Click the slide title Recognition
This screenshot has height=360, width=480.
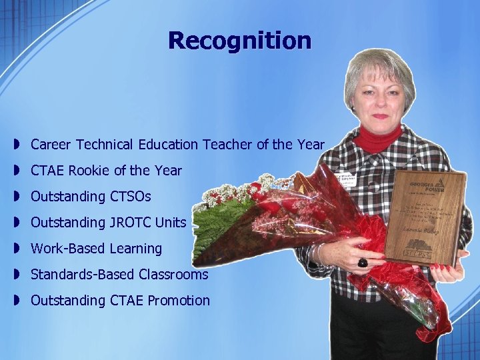(239, 41)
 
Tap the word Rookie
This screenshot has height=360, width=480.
(89, 171)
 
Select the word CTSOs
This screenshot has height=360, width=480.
(129, 197)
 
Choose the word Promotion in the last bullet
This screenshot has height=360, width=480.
(178, 301)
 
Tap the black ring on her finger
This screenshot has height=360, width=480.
(363, 262)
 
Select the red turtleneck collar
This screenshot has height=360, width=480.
(377, 139)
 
